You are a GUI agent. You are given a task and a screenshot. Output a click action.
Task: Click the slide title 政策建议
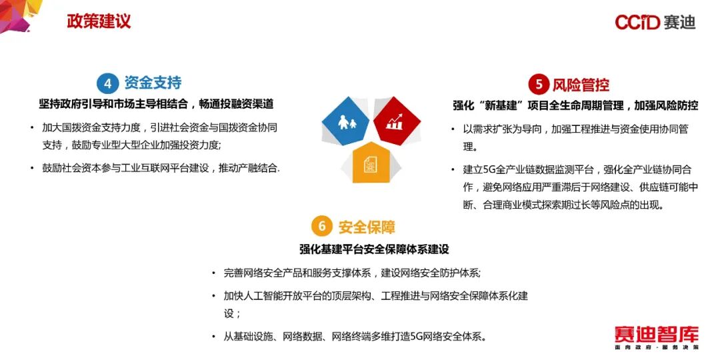pyautogui.click(x=99, y=21)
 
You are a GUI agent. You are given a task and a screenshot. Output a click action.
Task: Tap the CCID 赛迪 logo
pyautogui.click(x=655, y=22)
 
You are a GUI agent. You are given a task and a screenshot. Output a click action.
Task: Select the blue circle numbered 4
pyautogui.click(x=107, y=83)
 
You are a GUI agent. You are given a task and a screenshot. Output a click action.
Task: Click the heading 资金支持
pyautogui.click(x=153, y=83)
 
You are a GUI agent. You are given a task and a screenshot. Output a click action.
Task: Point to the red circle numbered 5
pyautogui.click(x=538, y=85)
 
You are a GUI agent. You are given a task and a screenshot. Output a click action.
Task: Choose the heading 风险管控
pyautogui.click(x=581, y=85)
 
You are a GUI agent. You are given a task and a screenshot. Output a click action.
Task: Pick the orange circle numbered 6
pyautogui.click(x=322, y=226)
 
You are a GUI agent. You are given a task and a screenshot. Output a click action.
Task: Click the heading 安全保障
pyautogui.click(x=367, y=227)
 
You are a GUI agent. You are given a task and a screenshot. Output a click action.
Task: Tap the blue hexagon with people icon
pyautogui.click(x=345, y=122)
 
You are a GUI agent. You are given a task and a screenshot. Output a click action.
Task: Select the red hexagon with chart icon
pyautogui.click(x=397, y=122)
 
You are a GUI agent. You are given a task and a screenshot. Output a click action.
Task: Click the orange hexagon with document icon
pyautogui.click(x=371, y=164)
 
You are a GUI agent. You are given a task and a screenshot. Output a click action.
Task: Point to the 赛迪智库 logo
pyautogui.click(x=656, y=337)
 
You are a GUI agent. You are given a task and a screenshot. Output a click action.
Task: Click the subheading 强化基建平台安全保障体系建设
pyautogui.click(x=374, y=249)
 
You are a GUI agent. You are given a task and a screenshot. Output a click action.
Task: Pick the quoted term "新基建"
pyautogui.click(x=503, y=105)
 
